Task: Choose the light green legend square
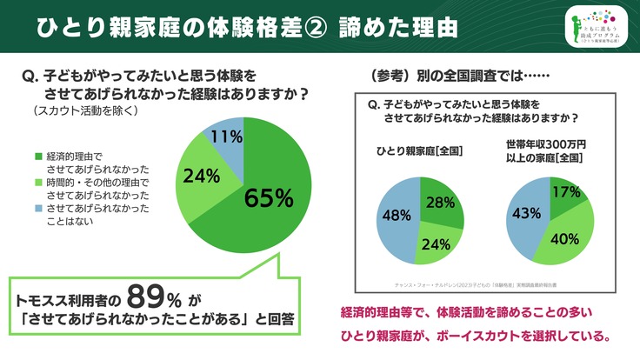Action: tap(37, 183)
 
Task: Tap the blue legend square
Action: tap(37, 209)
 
